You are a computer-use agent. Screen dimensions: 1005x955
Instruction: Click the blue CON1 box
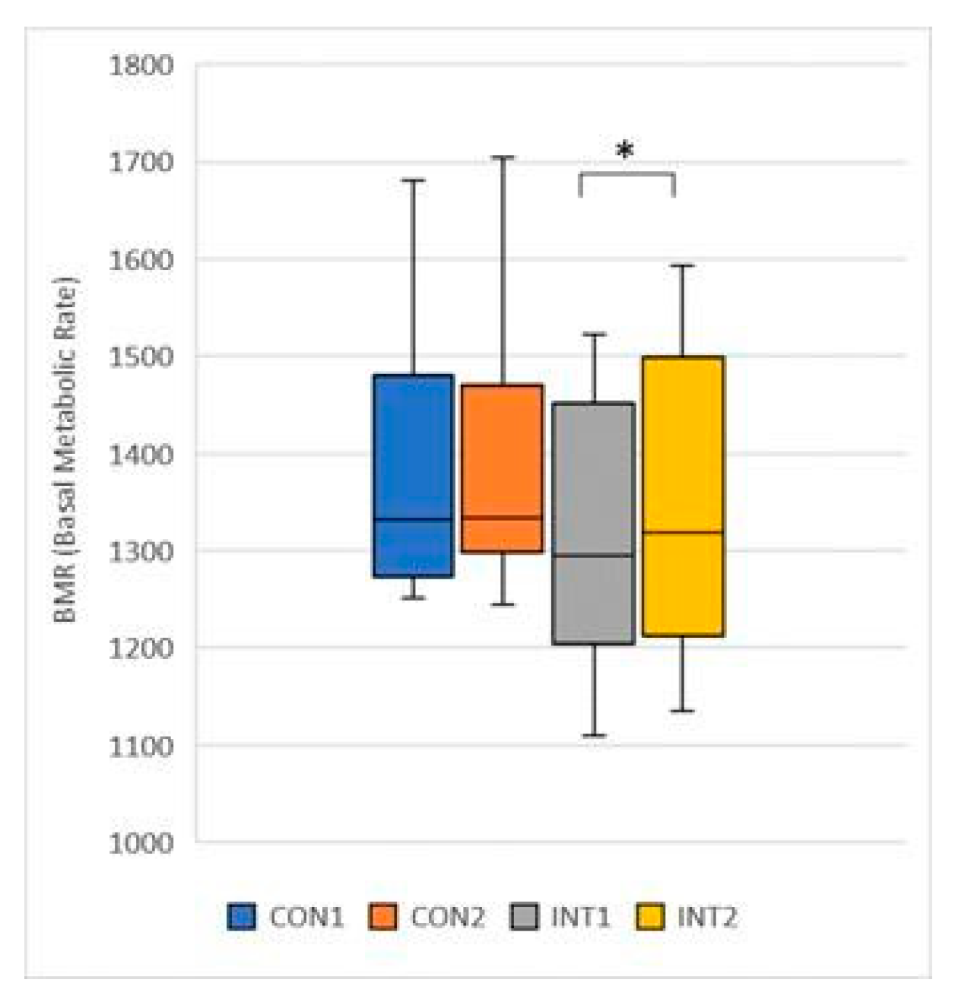pyautogui.click(x=413, y=475)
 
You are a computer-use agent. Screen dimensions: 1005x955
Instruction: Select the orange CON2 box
pyautogui.click(x=502, y=468)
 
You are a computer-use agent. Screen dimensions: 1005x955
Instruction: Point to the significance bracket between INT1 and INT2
pyautogui.click(x=627, y=175)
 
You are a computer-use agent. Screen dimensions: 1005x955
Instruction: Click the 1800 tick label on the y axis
pyautogui.click(x=141, y=65)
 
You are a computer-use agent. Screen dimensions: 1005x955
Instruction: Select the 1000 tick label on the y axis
pyautogui.click(x=141, y=842)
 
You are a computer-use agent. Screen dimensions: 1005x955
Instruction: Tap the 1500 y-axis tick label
pyautogui.click(x=141, y=356)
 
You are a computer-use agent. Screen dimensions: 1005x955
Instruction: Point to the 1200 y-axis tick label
pyautogui.click(x=141, y=648)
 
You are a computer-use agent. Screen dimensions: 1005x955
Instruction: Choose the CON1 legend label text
pyautogui.click(x=306, y=917)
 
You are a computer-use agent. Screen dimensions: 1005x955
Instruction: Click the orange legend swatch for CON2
pyautogui.click(x=383, y=917)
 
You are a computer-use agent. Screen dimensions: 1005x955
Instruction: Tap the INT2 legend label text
pyautogui.click(x=706, y=917)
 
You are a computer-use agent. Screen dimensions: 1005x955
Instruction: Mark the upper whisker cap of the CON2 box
pyautogui.click(x=502, y=157)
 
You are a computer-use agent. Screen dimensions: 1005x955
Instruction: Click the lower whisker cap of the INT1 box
pyautogui.click(x=593, y=735)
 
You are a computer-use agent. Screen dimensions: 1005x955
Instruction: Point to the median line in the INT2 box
pyautogui.click(x=683, y=532)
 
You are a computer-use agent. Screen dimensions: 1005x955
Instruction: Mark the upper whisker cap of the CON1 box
pyautogui.click(x=413, y=180)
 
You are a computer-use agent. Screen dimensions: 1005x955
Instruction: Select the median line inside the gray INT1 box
pyautogui.click(x=593, y=555)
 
